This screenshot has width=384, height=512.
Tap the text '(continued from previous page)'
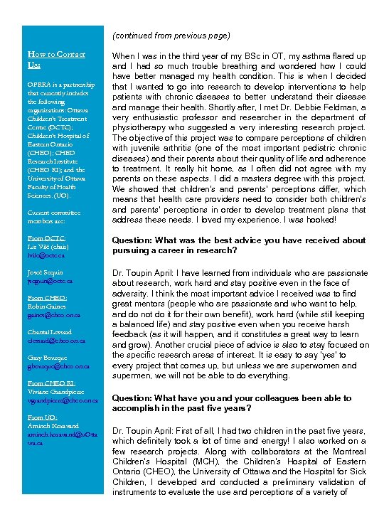point(171,36)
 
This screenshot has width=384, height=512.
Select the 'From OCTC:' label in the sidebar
point(46,238)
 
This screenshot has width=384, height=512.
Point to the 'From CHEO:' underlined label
point(46,298)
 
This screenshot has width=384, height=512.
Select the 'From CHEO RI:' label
point(50,383)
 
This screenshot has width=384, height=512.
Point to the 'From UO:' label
point(42,417)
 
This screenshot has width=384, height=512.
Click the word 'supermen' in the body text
point(134,375)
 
